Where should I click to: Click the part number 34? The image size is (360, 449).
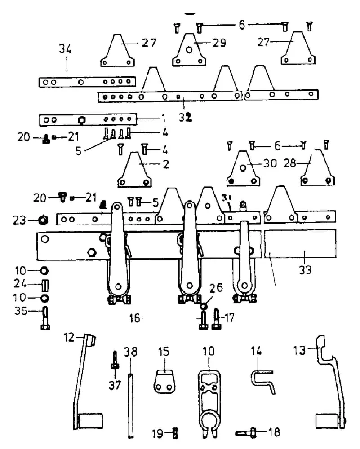65,49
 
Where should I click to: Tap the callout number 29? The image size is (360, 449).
219,43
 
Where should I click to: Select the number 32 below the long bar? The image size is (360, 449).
186,117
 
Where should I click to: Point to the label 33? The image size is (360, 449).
305,270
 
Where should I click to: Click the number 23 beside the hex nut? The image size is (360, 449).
19,220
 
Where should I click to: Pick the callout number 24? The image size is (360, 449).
20,283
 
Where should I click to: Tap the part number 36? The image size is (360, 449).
21,311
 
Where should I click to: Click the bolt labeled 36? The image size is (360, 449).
45,318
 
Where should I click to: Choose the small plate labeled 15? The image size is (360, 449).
164,382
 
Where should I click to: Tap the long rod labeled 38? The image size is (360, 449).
131,405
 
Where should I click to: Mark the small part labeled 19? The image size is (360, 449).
175,433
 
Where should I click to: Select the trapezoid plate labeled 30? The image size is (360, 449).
243,169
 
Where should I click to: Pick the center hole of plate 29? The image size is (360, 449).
189,50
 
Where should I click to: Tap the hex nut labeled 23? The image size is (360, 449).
43,220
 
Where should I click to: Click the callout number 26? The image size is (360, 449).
216,288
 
